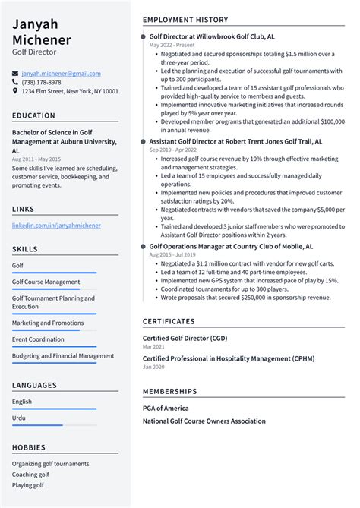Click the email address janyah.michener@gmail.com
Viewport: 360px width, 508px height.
61,73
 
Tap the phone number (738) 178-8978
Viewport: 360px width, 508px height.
41,82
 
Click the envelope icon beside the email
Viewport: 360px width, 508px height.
15,74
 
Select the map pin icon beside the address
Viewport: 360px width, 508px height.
15,91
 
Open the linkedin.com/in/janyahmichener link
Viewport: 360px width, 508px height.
56,226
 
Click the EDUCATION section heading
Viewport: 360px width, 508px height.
33,115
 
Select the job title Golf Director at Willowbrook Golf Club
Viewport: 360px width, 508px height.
212,36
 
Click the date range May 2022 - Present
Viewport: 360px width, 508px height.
172,45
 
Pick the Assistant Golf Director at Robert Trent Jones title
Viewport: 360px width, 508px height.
235,141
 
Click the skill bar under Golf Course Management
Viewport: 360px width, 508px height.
53,289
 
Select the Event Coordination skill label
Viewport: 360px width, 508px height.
38,339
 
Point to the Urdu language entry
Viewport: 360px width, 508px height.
19,418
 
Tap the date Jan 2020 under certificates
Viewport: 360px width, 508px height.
153,368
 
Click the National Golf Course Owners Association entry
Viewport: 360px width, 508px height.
204,421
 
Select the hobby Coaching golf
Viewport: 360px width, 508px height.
31,475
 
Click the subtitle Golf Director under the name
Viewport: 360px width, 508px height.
33,52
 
